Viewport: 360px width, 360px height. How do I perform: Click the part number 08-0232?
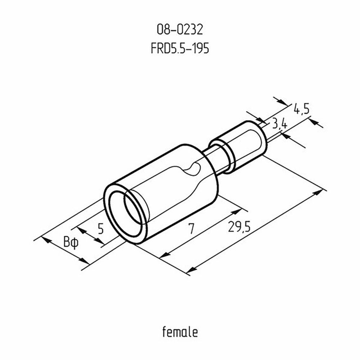pos(180,30)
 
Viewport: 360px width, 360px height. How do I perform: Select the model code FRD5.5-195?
pos(180,48)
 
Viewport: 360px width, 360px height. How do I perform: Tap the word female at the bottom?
pos(180,332)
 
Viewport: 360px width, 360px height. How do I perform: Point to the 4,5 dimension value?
pos(301,108)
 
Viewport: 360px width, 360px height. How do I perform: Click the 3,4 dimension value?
pos(280,125)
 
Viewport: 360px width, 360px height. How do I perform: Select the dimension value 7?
pos(191,228)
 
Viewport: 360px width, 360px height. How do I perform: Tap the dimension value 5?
pos(100,228)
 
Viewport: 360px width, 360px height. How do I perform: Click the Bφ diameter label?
pos(71,242)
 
